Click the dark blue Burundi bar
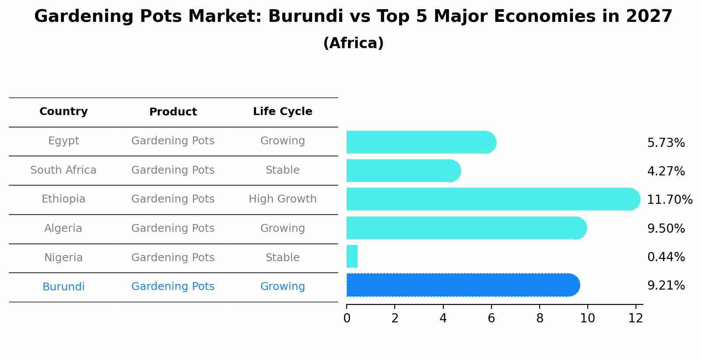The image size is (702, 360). point(462,285)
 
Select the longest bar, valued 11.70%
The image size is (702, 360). point(492,199)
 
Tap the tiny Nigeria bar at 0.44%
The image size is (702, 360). point(352,256)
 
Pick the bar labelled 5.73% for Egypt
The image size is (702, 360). point(420,143)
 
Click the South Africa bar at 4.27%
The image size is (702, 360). point(403,171)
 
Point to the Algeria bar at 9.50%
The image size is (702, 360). point(466,228)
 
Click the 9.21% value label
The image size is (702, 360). point(666,286)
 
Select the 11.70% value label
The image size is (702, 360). point(669,200)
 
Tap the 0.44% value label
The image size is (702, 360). point(666,257)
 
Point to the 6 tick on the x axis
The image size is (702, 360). point(491,318)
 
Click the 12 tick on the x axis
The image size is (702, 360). point(635,318)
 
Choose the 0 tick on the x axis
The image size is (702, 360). point(347,318)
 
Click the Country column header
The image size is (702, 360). point(63,112)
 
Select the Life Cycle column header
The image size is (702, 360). point(282,112)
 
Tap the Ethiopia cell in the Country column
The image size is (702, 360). point(63,199)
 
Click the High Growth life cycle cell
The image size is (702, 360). point(282,199)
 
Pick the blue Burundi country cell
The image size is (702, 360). point(63,287)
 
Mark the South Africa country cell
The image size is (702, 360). point(63,170)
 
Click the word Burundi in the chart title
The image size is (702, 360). point(305,17)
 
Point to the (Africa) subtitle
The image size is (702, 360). point(353,43)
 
